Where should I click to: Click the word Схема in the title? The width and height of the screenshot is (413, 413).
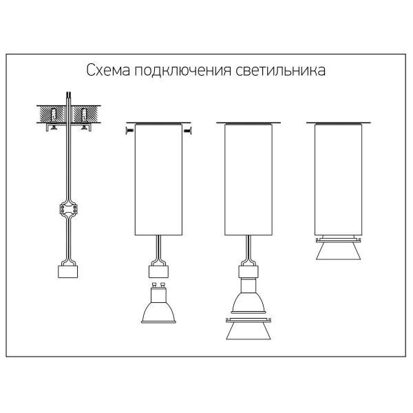point(108,70)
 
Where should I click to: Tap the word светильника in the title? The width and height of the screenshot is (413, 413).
point(280,70)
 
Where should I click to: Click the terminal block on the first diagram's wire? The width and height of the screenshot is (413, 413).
point(68,210)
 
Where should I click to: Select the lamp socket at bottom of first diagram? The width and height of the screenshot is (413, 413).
point(67,272)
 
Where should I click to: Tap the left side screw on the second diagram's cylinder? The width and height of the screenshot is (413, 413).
point(129,130)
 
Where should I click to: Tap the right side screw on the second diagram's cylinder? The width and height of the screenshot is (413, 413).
point(187,130)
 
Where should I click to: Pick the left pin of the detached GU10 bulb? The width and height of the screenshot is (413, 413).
point(154,285)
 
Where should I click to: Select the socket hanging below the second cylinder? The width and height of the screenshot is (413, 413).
point(158,272)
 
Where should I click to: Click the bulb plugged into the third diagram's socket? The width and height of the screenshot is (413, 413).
point(248,296)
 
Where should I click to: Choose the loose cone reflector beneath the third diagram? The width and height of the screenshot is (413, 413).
point(248,329)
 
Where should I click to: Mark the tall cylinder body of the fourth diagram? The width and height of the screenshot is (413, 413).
point(339,180)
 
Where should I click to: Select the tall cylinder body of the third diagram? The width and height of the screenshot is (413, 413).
point(248,180)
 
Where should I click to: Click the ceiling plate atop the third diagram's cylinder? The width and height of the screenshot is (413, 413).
point(248,123)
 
